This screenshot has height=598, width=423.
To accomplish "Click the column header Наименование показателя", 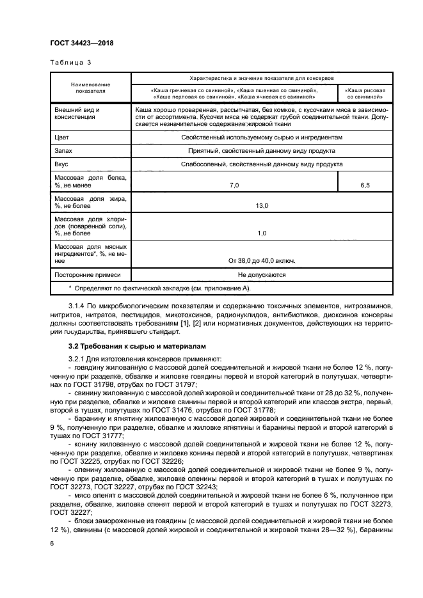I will pos(90,88).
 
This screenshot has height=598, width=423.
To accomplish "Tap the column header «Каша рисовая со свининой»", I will pos(365,94).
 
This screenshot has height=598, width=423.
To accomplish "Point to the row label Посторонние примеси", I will pos(88,275).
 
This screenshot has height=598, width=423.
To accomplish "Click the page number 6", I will pos(51,543).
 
